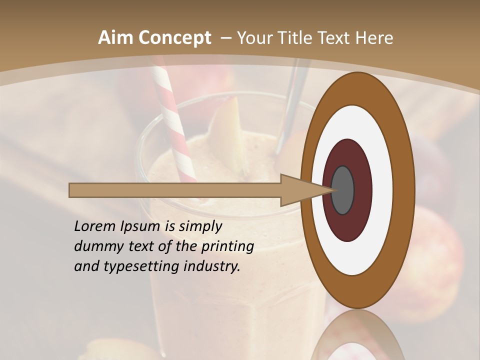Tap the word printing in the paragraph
pyautogui.click(x=227, y=246)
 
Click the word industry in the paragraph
pyautogui.click(x=212, y=266)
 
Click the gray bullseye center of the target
pyautogui.click(x=343, y=190)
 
